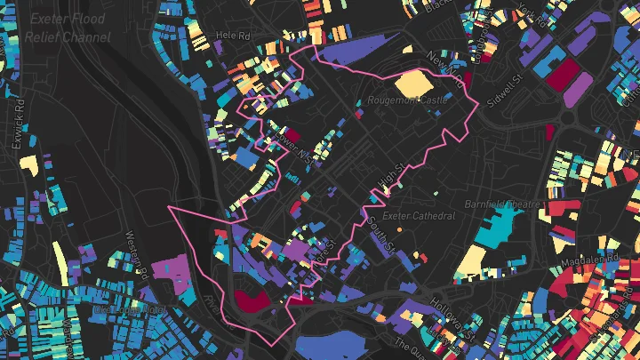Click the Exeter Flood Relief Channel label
(68, 28)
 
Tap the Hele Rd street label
(234, 36)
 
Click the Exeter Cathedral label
(419, 216)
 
